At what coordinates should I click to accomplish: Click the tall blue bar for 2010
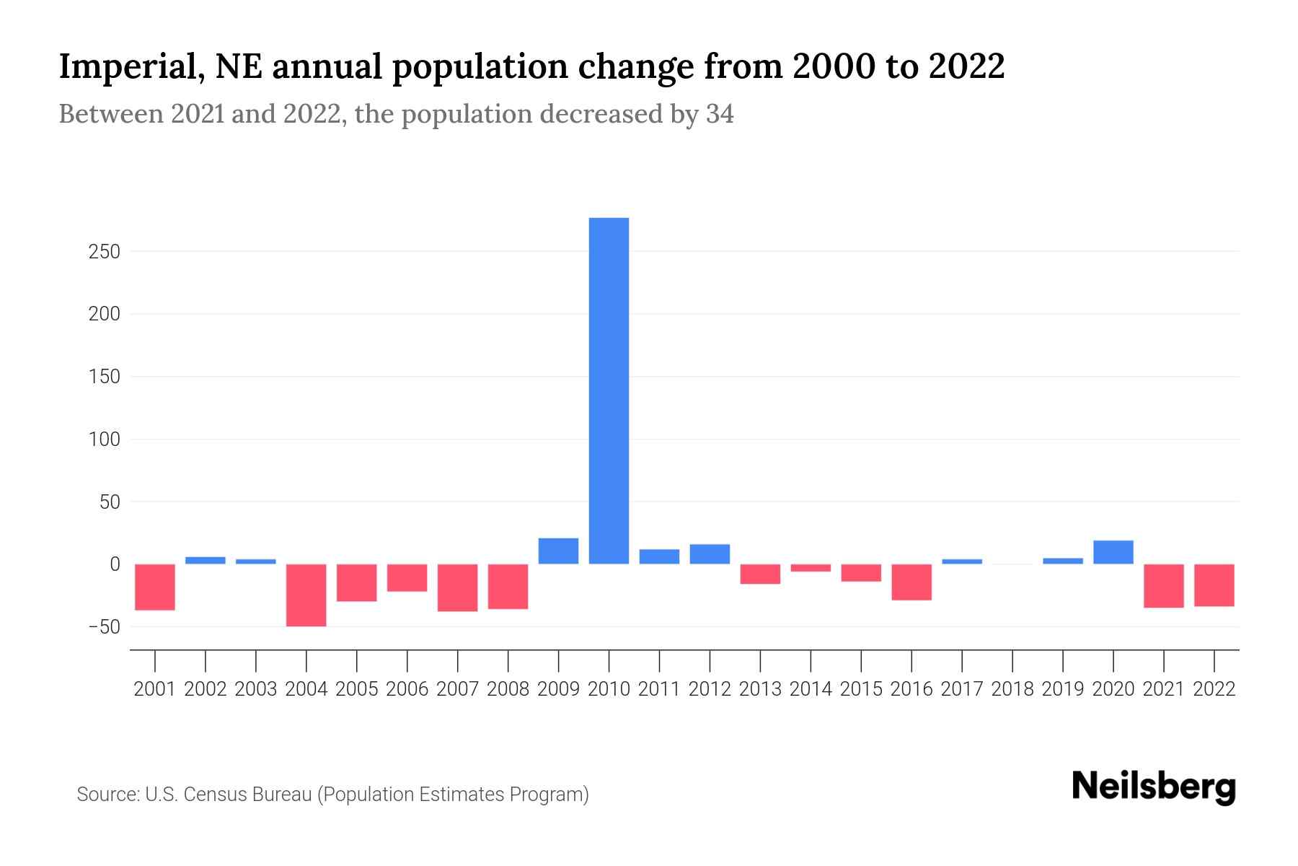point(609,390)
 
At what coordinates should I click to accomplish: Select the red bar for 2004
point(306,595)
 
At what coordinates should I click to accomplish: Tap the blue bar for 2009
point(558,551)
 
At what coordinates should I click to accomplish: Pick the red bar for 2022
point(1214,585)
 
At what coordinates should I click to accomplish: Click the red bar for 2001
point(155,587)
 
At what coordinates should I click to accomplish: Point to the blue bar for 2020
point(1113,552)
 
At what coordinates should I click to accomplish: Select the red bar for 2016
point(911,582)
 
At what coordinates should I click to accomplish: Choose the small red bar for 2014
point(811,568)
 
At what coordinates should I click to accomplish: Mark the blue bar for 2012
point(710,554)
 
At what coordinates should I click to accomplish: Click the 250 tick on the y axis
point(105,252)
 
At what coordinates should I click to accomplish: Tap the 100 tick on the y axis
point(105,439)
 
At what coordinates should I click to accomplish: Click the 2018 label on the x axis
point(1012,689)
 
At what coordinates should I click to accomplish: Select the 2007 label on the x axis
point(457,689)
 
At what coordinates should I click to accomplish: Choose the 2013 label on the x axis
point(760,689)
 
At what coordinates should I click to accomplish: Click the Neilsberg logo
point(1154,787)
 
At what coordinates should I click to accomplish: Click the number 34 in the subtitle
point(720,114)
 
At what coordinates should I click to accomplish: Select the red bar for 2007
point(457,587)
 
